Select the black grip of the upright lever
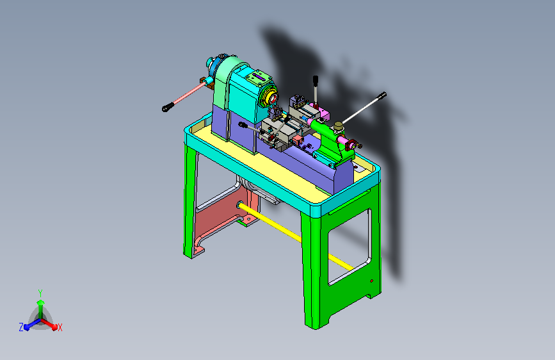(316, 81)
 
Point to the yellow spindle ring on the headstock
(271, 99)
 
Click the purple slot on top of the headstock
(259, 76)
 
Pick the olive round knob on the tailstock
(339, 126)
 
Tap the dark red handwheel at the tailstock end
(351, 145)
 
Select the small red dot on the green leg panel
(372, 281)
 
